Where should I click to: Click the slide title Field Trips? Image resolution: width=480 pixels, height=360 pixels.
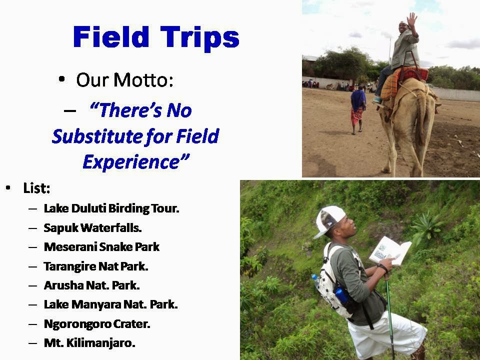click(156, 37)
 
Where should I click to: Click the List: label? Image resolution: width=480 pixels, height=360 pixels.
click(36, 188)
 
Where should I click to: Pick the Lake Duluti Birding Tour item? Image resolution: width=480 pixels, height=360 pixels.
click(111, 208)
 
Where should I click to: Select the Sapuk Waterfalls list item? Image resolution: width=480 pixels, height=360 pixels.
click(93, 228)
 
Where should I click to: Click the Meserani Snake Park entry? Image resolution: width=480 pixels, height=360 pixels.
click(101, 246)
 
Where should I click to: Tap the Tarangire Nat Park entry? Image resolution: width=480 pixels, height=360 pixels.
click(96, 266)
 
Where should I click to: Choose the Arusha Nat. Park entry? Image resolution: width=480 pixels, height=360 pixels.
click(92, 285)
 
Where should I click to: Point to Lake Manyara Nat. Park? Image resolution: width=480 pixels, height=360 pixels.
click(111, 304)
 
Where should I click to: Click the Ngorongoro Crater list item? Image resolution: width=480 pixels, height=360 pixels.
click(97, 324)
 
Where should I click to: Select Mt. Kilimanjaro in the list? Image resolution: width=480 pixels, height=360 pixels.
click(89, 343)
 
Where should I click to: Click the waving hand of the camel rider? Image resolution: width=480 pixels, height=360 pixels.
click(411, 19)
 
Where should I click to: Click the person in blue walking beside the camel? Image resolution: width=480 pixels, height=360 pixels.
click(357, 109)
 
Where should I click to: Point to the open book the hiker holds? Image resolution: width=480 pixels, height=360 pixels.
click(390, 251)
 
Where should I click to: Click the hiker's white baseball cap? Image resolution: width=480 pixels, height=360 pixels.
click(329, 220)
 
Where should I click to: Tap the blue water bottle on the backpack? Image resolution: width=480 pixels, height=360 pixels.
click(340, 295)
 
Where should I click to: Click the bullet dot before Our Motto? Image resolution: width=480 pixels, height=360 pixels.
click(62, 79)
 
